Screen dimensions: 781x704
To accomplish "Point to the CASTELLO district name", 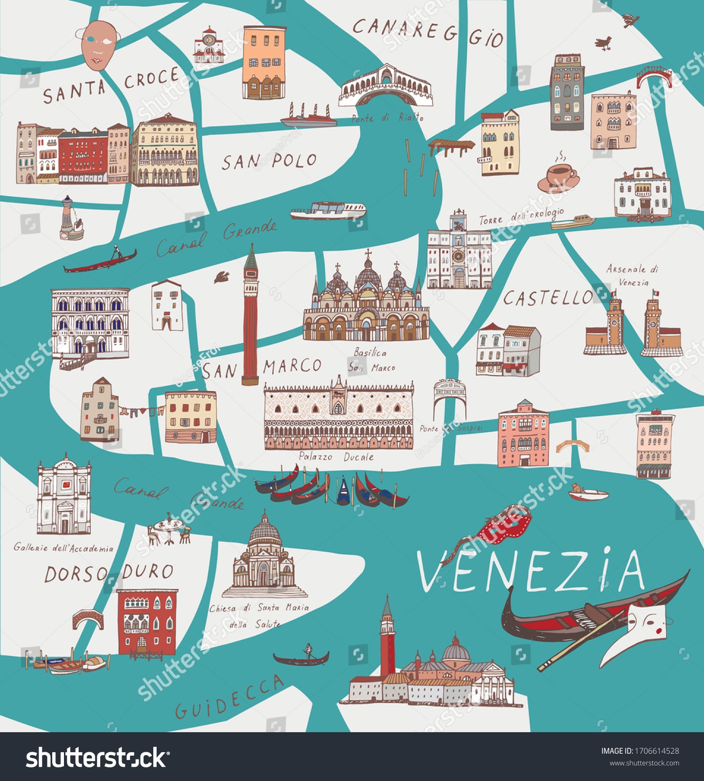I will pyautogui.click(x=548, y=298).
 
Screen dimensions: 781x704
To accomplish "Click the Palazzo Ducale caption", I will pyautogui.click(x=336, y=457).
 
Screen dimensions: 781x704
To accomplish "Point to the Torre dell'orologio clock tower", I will pyautogui.click(x=459, y=254).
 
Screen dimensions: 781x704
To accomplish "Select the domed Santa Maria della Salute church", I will pyautogui.click(x=264, y=556).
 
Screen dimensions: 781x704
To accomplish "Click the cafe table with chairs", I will pyautogui.click(x=169, y=530).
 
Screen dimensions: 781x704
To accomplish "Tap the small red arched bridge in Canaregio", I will pyautogui.click(x=654, y=76).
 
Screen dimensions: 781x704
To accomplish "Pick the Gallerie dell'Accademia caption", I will pyautogui.click(x=63, y=548).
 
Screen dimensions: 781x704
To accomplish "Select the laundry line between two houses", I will pyautogui.click(x=142, y=411).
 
